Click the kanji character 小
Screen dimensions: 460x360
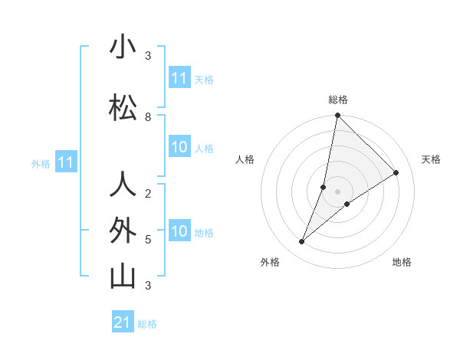point(123,47)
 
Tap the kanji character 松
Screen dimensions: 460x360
point(123,108)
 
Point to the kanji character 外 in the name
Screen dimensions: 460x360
point(123,231)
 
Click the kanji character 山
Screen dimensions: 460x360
point(123,277)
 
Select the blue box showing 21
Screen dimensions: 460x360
point(123,322)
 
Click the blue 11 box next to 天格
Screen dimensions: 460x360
point(179,78)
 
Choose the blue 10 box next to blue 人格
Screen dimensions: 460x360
point(179,148)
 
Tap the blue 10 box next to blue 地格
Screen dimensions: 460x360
point(179,232)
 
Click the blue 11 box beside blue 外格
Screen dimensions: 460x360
point(66,162)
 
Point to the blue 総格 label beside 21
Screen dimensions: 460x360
point(147,324)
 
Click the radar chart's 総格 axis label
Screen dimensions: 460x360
point(338,100)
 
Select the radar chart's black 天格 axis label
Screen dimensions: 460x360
point(431,159)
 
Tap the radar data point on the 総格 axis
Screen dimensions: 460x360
point(338,116)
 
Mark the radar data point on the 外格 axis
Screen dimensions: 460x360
point(302,242)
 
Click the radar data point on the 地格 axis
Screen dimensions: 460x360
point(347,204)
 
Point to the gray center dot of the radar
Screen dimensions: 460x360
point(338,191)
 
